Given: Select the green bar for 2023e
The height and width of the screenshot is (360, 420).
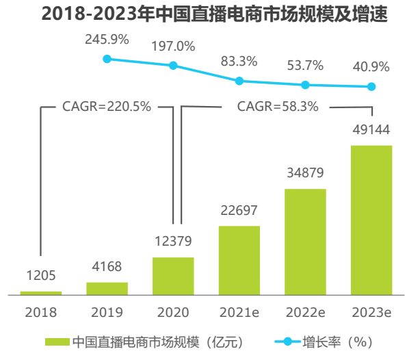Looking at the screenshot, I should (371, 219).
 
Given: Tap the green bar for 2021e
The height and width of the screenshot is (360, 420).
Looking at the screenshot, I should (239, 260).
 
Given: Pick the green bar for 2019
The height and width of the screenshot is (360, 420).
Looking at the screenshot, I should (107, 288).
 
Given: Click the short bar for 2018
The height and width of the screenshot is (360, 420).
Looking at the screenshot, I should (41, 293).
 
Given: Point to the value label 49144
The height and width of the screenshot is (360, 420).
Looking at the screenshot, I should (371, 130).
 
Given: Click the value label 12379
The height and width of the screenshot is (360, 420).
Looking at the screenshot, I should (173, 241).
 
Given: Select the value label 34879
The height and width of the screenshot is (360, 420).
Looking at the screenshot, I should (305, 173).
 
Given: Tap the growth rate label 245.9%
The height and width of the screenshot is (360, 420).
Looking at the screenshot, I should (107, 39).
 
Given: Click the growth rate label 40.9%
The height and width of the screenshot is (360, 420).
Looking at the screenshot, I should (371, 67).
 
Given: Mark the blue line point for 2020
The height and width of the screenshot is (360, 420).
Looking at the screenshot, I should (173, 66).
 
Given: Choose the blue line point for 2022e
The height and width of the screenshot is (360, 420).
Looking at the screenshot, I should (305, 85).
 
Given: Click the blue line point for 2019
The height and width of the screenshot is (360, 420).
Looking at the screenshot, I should (107, 59).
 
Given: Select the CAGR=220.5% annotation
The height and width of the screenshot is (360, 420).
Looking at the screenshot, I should (107, 107).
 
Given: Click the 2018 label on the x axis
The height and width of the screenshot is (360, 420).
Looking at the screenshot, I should (41, 313).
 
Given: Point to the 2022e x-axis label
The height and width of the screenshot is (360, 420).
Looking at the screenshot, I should (305, 313).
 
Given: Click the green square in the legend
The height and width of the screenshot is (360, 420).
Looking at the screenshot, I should (57, 341).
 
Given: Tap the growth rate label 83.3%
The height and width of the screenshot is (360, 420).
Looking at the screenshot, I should (239, 61).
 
